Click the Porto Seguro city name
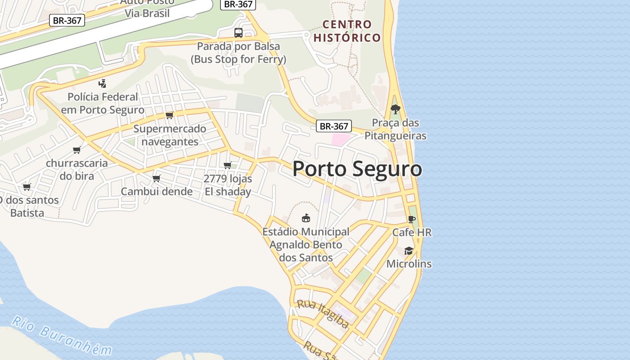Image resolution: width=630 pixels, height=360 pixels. click(357, 169)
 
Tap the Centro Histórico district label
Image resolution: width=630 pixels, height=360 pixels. click(347, 31)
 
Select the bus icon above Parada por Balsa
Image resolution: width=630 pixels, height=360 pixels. click(238, 33)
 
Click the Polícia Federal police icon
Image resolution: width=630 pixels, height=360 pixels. click(103, 83)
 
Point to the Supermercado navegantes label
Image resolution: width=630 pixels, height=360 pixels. click(170, 135)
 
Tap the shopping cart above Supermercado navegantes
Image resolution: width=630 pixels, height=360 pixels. click(170, 115)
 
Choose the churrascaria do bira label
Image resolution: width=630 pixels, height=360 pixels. click(77, 169)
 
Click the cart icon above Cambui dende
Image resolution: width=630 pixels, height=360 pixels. click(157, 179)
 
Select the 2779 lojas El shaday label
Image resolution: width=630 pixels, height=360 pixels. click(228, 185)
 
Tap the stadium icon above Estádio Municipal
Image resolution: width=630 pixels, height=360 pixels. click(306, 218)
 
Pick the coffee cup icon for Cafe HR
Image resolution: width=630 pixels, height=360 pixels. click(411, 220)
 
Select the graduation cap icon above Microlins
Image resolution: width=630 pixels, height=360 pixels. click(409, 251)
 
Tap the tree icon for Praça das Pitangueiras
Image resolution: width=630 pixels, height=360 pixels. click(396, 109)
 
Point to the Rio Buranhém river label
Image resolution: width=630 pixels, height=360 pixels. click(61, 335)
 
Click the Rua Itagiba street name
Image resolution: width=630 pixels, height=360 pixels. click(323, 314)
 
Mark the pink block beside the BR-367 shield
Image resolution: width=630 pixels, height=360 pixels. click(340, 139)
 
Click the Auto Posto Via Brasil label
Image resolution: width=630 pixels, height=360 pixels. click(147, 8)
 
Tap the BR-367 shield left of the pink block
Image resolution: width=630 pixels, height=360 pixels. click(333, 126)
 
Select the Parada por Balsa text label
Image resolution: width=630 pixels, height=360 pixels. click(238, 53)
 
